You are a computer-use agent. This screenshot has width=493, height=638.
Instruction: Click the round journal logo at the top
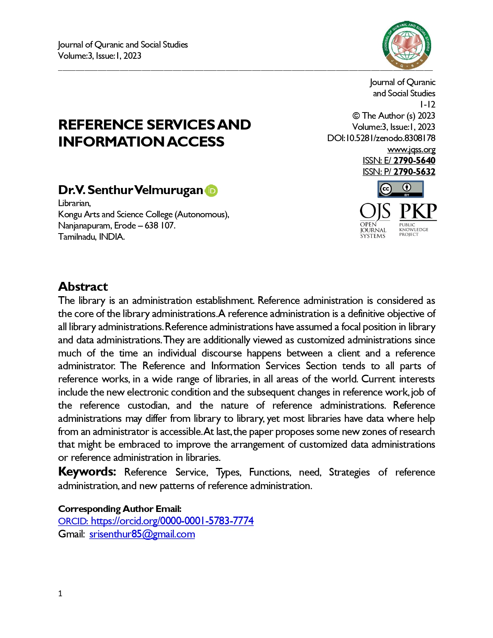[407, 45]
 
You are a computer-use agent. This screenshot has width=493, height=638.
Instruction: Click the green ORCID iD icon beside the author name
[211, 191]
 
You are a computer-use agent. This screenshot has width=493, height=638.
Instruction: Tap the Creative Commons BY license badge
[400, 189]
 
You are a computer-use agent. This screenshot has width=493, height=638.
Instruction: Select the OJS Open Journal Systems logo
[374, 220]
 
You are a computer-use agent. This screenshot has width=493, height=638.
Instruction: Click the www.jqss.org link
[411, 150]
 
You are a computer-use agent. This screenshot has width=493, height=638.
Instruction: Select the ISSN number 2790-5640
[414, 161]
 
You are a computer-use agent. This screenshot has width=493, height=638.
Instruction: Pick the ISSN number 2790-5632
[414, 172]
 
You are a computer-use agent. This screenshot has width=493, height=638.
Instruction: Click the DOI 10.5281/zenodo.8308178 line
[381, 138]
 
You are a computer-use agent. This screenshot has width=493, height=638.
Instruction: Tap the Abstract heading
[83, 287]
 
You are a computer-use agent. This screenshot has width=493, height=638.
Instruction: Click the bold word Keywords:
[87, 472]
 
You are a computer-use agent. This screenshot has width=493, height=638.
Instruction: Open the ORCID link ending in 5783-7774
[156, 521]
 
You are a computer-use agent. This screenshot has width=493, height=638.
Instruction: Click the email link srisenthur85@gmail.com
[142, 534]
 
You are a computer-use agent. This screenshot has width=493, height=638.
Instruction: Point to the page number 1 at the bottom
[60, 594]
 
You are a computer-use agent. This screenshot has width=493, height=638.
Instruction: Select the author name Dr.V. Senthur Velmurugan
[130, 190]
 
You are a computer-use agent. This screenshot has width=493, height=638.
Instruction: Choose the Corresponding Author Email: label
[119, 509]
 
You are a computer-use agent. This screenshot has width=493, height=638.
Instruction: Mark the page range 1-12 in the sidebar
[427, 105]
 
